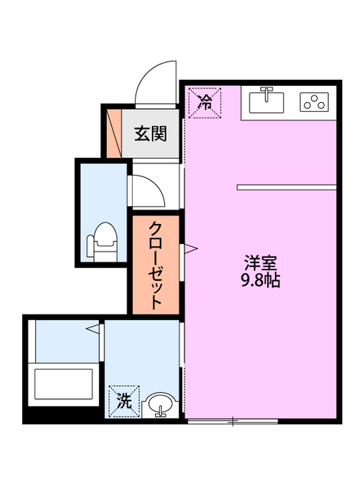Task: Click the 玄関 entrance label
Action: click(150, 133)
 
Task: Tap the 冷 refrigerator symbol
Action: click(205, 103)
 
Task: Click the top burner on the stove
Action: click(314, 97)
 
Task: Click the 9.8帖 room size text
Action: click(260, 280)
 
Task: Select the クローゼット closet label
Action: click(155, 265)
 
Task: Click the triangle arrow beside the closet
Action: click(189, 249)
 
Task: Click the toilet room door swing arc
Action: click(147, 190)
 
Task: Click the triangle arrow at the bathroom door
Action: click(94, 329)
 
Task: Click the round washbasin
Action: click(160, 404)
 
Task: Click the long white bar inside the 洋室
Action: click(286, 186)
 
